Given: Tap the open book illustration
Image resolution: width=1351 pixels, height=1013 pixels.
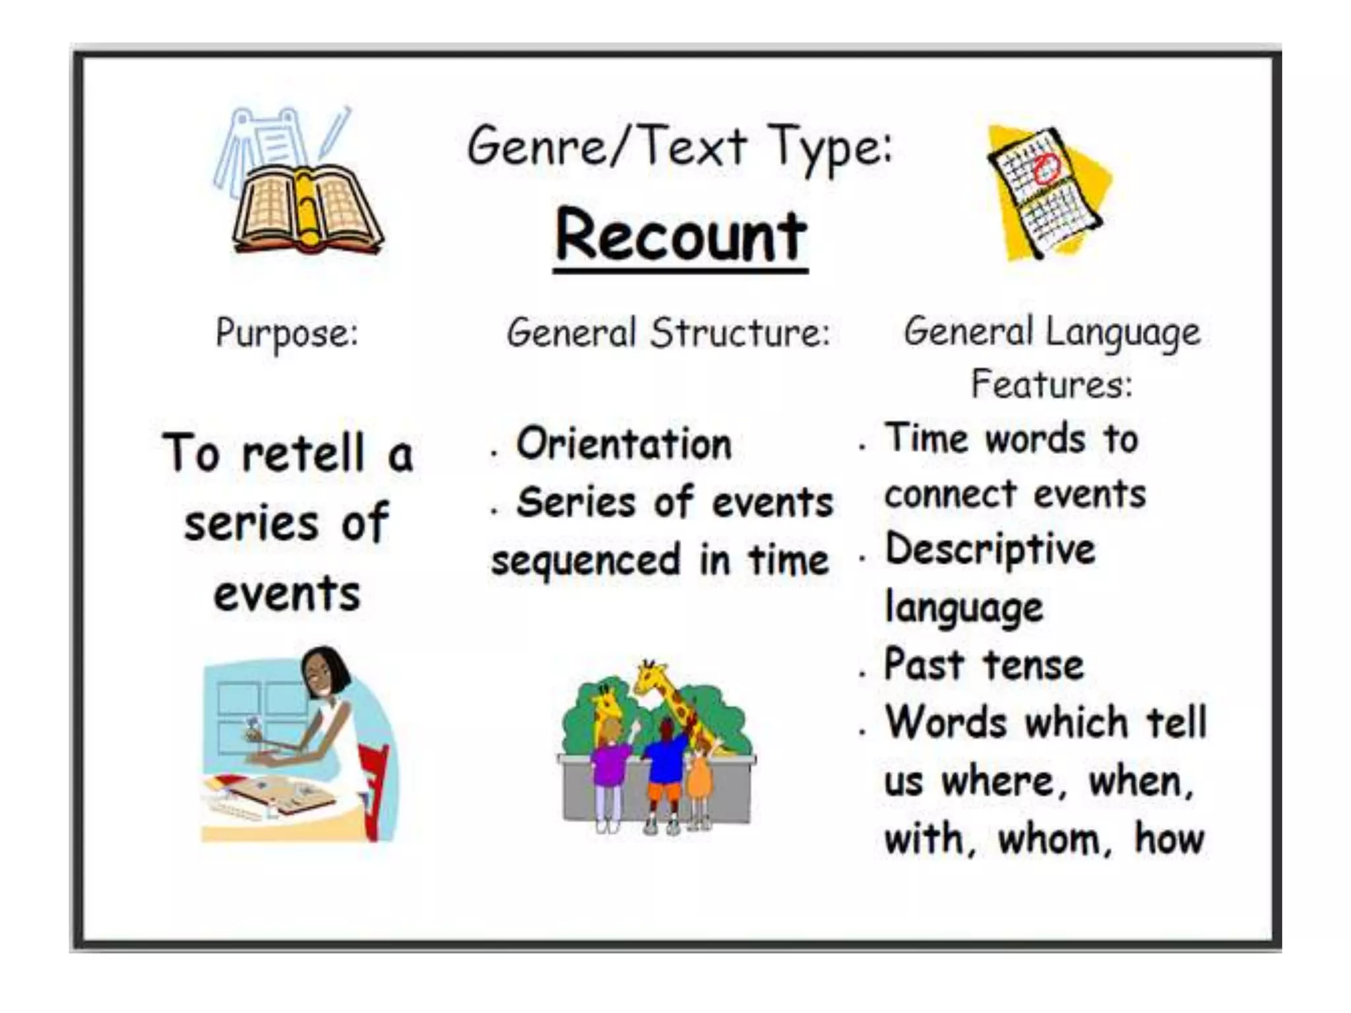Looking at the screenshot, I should click(307, 210).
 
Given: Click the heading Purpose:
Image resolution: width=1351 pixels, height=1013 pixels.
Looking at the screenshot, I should click(287, 333).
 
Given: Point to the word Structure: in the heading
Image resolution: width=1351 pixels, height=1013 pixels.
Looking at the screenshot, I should click(740, 333).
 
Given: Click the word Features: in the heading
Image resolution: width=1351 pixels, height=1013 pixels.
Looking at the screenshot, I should click(1052, 384).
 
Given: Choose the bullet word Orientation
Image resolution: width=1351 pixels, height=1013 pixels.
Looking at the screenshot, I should click(624, 443).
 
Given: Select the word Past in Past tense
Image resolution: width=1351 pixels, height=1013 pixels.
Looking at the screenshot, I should click(924, 664).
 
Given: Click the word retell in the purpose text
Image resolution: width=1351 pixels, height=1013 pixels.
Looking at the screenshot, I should click(303, 454).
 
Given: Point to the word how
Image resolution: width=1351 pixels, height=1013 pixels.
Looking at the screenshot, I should click(1169, 839).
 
